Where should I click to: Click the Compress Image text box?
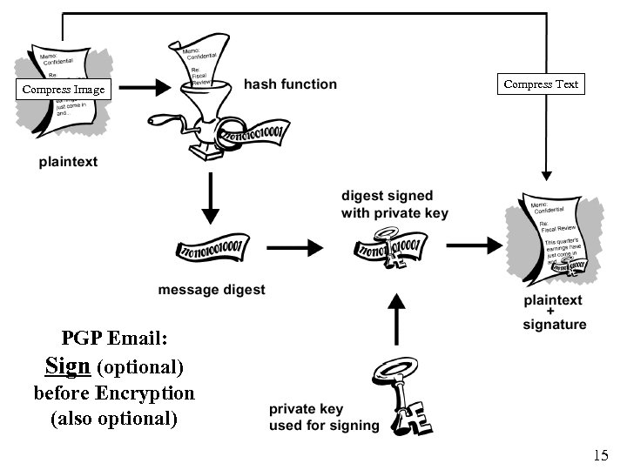(x=63, y=89)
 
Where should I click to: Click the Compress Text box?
(x=541, y=84)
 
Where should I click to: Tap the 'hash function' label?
(x=290, y=84)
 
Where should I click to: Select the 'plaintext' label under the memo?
(x=68, y=161)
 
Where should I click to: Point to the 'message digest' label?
(x=212, y=290)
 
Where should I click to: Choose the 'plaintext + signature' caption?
(x=555, y=312)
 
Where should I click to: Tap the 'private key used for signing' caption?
(x=323, y=417)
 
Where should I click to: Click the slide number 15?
(x=601, y=454)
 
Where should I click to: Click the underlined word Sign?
(x=68, y=366)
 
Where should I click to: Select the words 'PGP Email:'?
(x=114, y=338)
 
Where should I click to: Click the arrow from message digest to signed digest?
(x=300, y=248)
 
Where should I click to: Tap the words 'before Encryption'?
(x=114, y=393)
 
